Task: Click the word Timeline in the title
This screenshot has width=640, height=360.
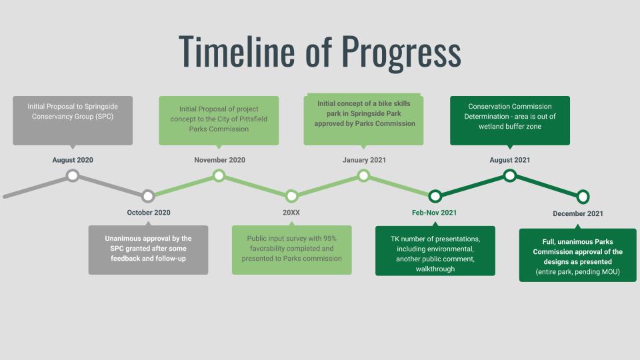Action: [237, 51]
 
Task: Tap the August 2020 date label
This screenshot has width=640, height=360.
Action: [73, 160]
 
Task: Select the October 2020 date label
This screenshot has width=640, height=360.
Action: [149, 212]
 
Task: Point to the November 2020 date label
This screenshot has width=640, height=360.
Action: [219, 160]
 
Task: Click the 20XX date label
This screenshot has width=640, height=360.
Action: [291, 212]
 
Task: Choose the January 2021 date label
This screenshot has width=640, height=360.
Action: [364, 160]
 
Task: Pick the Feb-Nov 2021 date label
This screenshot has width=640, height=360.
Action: [434, 213]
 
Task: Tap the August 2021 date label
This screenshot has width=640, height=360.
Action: [510, 160]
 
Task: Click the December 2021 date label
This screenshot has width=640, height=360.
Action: [578, 213]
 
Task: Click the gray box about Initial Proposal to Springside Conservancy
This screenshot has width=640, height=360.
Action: [73, 121]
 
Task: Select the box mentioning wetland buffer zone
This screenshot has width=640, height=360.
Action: [510, 121]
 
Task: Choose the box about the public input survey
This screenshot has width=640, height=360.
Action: [291, 250]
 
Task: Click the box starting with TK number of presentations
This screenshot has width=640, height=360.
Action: [435, 251]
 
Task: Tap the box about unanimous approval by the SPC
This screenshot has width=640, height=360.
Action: [148, 250]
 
